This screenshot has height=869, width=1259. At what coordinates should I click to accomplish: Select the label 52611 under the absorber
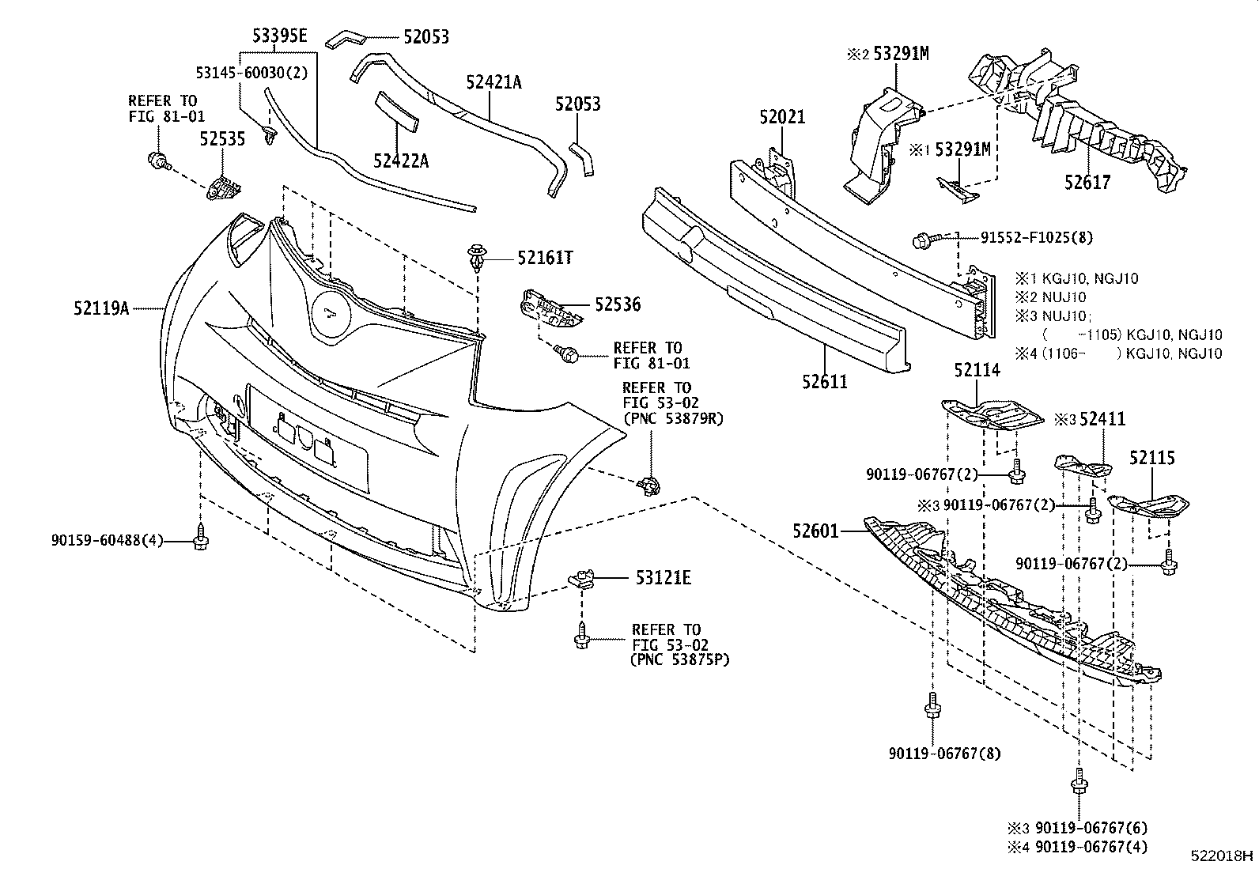(823, 382)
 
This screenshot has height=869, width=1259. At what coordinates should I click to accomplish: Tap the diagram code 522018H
(1223, 856)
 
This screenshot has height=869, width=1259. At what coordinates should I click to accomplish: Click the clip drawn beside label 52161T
(477, 257)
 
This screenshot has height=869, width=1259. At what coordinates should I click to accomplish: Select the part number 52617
(1087, 183)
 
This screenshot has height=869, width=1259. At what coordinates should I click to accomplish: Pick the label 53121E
(663, 578)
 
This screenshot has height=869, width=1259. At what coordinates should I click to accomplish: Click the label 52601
(815, 531)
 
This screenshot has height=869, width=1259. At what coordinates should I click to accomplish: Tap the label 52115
(1151, 458)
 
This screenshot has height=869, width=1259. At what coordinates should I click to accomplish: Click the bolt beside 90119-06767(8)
(932, 706)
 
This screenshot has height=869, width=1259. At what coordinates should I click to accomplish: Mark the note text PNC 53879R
(673, 418)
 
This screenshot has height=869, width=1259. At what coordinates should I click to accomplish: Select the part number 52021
(782, 118)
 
